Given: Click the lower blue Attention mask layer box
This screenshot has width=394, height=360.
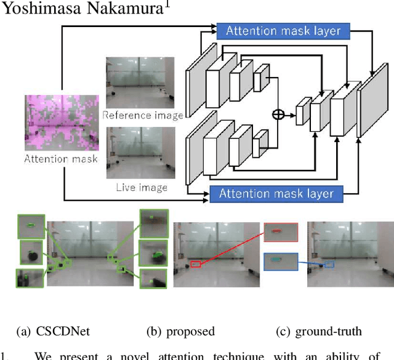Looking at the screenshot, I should pos(275,194).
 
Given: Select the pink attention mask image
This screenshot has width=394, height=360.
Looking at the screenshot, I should pos(61,122).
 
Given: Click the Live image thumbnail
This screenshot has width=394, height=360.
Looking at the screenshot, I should pos(140,152).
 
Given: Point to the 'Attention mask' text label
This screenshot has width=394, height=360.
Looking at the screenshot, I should pos(61,159).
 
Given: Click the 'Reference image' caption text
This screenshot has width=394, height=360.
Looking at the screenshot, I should pos(143,115).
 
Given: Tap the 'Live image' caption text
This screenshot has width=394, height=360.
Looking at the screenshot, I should pos(142,186).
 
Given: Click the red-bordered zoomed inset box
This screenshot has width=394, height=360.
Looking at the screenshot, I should pos(279,231).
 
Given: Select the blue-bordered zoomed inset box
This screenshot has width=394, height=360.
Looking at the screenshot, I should pos(280,262).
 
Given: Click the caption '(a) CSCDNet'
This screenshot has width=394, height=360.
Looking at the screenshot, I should pos(54,332).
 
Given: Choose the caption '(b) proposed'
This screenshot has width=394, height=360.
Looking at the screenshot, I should pos(180,332).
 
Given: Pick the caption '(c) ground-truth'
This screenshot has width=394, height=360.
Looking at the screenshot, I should pos(319,332).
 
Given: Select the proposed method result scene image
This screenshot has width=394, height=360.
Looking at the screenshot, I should pos(215,254).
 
